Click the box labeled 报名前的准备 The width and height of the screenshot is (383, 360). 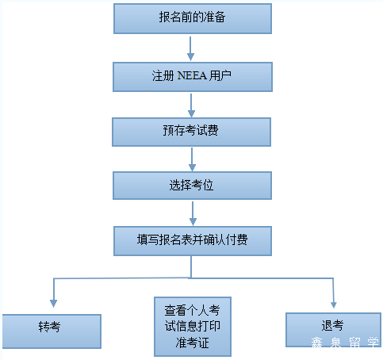[193, 18]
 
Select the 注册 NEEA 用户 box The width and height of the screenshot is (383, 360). [193, 77]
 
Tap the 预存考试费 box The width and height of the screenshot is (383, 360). [191, 132]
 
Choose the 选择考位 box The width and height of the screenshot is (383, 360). [192, 186]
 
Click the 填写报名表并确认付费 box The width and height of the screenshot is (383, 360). [193, 241]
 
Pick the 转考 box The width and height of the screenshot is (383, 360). [52, 331]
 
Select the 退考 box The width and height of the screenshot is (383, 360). [333, 330]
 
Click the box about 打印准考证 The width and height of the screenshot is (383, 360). [193, 327]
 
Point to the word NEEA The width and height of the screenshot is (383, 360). [192, 75]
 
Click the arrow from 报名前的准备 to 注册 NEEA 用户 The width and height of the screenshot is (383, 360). [190, 48]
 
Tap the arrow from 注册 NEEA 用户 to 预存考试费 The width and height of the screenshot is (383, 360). [191, 105]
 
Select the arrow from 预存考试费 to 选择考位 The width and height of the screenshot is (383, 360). [192, 159]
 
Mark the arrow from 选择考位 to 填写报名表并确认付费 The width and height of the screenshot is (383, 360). [193, 213]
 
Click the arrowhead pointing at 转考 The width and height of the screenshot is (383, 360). [54, 304]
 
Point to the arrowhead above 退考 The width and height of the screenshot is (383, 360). [334, 304]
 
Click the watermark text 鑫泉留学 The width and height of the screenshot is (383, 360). [345, 343]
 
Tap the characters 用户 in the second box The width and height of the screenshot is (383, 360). [220, 75]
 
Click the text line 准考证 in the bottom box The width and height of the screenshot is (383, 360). [192, 343]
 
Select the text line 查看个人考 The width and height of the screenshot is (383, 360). [192, 310]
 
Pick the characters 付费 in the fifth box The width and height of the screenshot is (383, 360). [237, 239]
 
